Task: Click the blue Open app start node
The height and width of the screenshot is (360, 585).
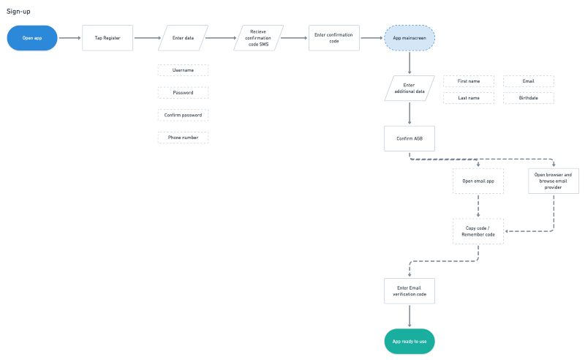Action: (x=32, y=37)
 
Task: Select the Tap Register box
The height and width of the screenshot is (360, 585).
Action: (x=107, y=37)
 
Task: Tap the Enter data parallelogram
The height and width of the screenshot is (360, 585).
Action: (x=183, y=37)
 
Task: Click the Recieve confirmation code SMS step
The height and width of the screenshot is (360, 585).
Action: (x=258, y=37)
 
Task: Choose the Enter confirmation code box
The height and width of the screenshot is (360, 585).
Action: (x=334, y=37)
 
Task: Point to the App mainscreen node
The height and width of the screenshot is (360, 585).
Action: (x=409, y=37)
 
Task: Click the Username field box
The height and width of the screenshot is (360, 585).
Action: (x=183, y=70)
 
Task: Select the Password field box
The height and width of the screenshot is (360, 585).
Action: (x=183, y=93)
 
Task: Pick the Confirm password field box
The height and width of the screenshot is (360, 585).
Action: (x=183, y=115)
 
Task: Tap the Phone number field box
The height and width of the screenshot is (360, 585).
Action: (x=183, y=138)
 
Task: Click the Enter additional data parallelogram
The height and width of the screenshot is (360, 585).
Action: (x=409, y=89)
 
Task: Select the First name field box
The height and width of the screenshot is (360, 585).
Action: (x=469, y=81)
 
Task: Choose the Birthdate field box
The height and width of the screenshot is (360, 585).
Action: (x=529, y=97)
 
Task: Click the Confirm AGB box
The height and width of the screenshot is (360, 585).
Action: (x=409, y=138)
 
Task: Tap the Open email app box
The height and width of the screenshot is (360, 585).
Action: (x=478, y=180)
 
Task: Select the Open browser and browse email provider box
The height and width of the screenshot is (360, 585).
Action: (x=554, y=180)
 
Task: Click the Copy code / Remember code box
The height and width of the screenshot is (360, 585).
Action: (x=478, y=230)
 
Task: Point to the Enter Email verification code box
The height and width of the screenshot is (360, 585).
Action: (x=409, y=290)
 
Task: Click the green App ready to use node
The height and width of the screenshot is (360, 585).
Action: (x=409, y=341)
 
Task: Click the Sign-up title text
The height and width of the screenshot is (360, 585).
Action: (x=18, y=12)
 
